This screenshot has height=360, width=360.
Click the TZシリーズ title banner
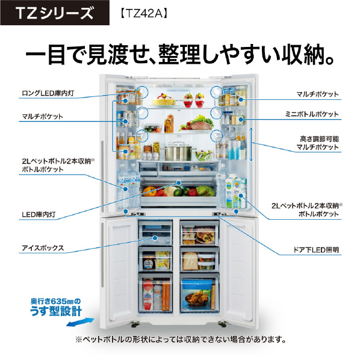[x=55, y=13]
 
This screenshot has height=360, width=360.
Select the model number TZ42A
[x=144, y=13]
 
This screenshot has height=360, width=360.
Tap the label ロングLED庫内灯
[x=48, y=93]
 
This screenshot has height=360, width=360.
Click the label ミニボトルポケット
[x=312, y=114]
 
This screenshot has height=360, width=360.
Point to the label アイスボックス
[x=43, y=248]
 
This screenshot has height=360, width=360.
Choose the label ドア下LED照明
[x=316, y=250]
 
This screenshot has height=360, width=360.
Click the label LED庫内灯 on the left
[x=39, y=215]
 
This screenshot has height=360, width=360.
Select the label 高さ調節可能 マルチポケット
[x=317, y=143]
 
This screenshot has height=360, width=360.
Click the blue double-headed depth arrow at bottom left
[x=80, y=322]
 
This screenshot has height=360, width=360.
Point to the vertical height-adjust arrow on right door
[x=251, y=144]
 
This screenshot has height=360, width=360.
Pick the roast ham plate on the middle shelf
[x=197, y=124]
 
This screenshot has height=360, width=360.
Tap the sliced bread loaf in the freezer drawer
[x=190, y=261]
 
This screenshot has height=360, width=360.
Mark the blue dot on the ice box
[x=155, y=238]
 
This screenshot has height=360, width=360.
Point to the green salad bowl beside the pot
[x=203, y=155]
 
